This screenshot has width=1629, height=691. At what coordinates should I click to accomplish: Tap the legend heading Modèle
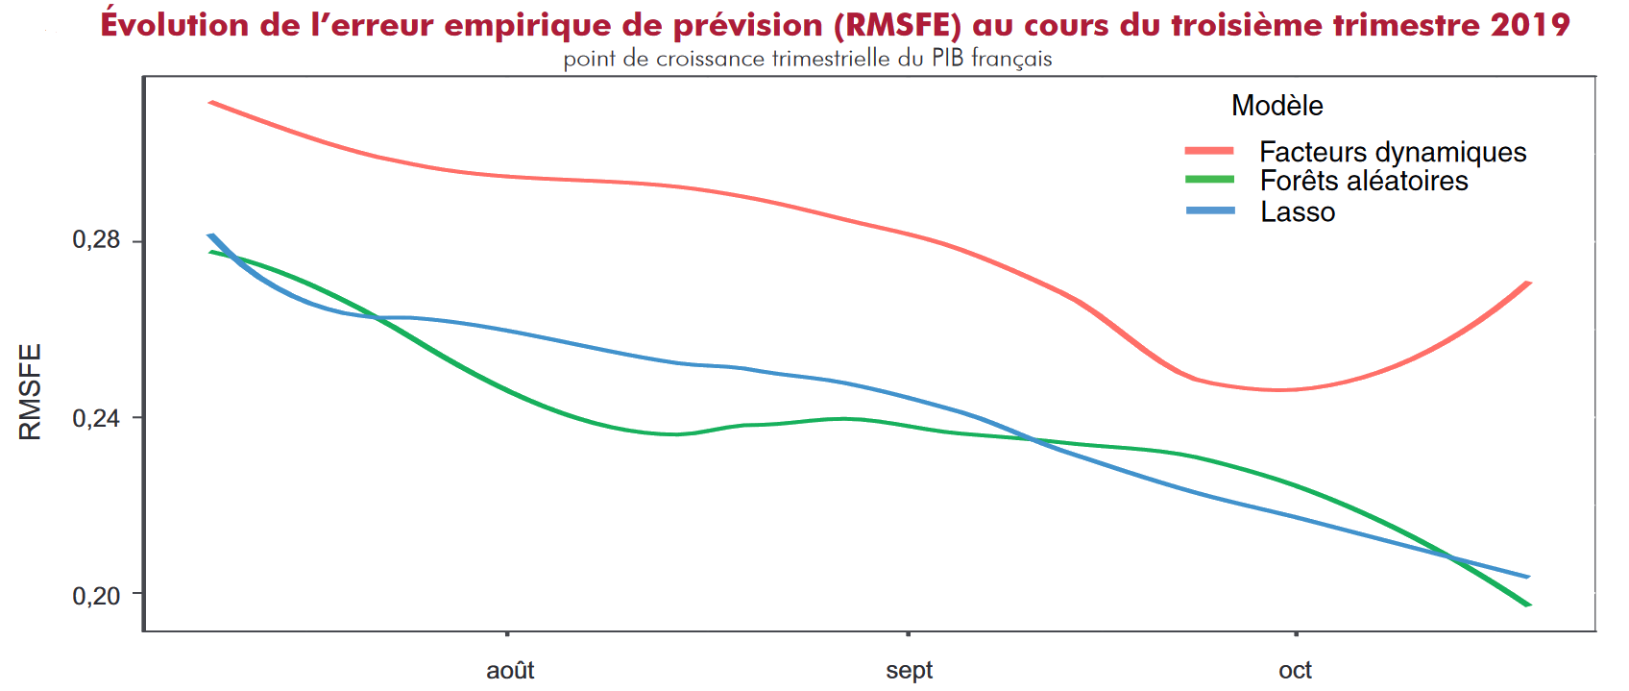click(x=1277, y=106)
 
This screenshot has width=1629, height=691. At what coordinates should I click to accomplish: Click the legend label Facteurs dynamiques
click(x=1393, y=152)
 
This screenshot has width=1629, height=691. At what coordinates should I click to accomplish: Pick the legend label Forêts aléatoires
click(x=1364, y=181)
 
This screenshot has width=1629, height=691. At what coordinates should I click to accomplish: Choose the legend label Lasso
click(x=1298, y=211)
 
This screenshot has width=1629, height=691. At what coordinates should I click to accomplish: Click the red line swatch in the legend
click(x=1209, y=151)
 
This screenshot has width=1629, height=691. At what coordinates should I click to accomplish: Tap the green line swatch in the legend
click(x=1209, y=180)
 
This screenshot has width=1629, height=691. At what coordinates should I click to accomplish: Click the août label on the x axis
click(x=506, y=670)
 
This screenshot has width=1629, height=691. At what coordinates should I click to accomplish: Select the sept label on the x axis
click(x=908, y=670)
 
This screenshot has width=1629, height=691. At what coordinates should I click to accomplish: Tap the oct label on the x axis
click(x=1296, y=670)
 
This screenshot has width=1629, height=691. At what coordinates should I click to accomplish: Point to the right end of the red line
click(x=1529, y=283)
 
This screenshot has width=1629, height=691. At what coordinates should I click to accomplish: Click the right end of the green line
click(x=1529, y=605)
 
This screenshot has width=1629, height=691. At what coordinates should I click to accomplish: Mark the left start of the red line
click(x=210, y=101)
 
